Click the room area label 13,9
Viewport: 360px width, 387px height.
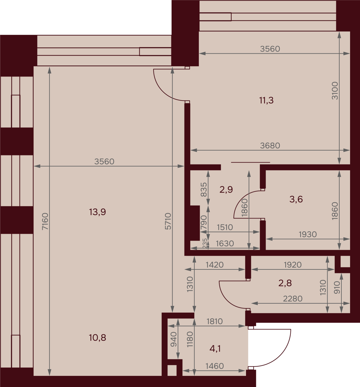click(97, 212)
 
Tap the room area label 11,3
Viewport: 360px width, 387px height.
click(266, 100)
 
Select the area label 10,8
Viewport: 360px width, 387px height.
click(97, 338)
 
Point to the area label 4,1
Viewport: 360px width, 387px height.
click(215, 349)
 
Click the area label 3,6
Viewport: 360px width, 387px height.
click(296, 199)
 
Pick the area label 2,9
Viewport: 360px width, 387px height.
click(226, 189)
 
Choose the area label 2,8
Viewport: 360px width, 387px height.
click(285, 283)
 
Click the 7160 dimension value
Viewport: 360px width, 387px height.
click(45, 221)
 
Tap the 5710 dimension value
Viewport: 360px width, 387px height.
click(168, 221)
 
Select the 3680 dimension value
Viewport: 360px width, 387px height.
click(270, 145)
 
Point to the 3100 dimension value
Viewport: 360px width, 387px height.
click(335, 91)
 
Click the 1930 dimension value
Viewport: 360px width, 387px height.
click(308, 234)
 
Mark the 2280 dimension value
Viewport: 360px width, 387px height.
click(292, 299)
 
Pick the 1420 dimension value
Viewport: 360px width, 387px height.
click(214, 265)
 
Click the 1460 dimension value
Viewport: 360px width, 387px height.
click(214, 366)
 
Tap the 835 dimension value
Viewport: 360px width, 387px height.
click(204, 190)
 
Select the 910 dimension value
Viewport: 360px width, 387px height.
click(337, 287)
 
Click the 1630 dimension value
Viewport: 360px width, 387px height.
click(225, 244)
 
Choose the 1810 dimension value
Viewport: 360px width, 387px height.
click(214, 321)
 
